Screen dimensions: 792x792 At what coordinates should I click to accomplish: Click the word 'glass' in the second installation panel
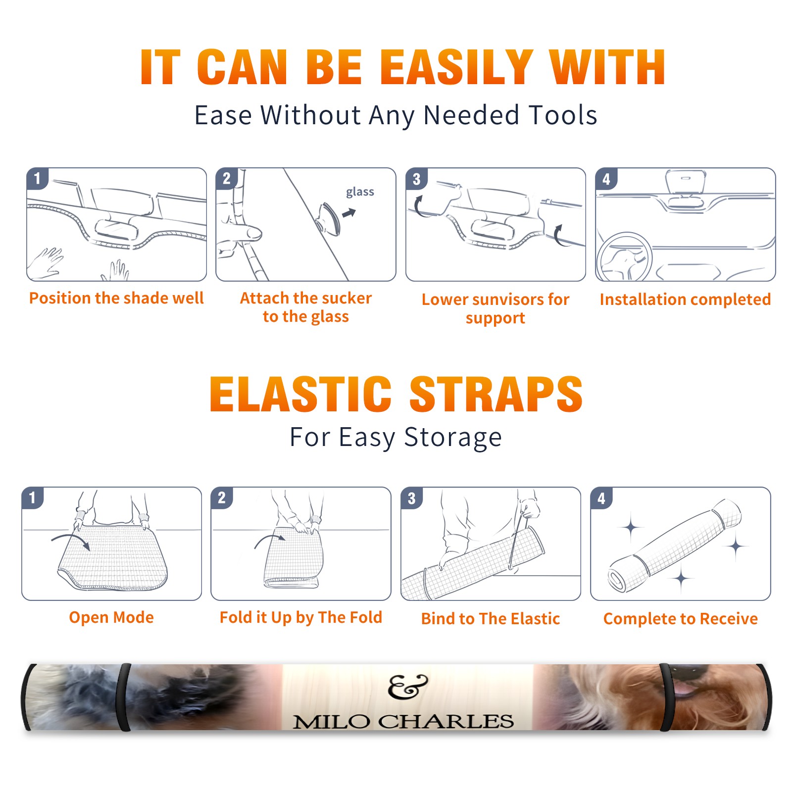click(360, 192)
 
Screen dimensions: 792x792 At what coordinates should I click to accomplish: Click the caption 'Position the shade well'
click(116, 298)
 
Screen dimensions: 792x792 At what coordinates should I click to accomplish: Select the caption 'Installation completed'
click(685, 299)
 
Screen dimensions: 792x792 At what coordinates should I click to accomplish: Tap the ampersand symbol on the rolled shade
click(407, 687)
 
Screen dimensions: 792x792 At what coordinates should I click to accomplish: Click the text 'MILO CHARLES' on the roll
click(403, 721)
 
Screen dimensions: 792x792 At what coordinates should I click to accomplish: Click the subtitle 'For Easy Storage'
click(396, 437)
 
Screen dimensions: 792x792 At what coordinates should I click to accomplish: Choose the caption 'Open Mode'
click(111, 617)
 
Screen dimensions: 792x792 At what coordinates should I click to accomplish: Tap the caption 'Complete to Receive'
click(681, 619)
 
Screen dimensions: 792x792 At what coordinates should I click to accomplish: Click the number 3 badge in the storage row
click(412, 498)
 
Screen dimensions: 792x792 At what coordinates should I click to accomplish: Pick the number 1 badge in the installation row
click(37, 178)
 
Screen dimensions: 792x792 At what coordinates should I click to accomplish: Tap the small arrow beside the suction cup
click(349, 213)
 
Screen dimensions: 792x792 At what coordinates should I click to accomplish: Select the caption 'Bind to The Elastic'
click(491, 619)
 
